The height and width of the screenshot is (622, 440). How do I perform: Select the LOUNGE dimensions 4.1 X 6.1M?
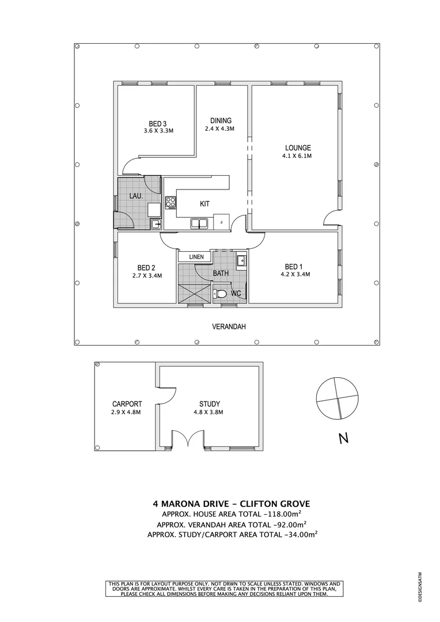(x=297, y=156)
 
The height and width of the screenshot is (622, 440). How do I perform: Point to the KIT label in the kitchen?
(x=204, y=204)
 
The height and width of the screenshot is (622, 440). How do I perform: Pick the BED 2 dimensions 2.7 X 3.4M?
(x=146, y=276)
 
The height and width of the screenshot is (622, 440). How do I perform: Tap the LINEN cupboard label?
(x=195, y=257)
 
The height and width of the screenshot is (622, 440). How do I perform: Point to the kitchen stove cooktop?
(x=170, y=202)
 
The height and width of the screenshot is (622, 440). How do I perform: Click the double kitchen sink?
(x=200, y=223)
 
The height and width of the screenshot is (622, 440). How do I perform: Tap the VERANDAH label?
(x=229, y=327)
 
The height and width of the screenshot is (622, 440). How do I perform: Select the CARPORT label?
(x=127, y=404)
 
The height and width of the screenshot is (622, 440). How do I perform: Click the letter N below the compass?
(x=343, y=439)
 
